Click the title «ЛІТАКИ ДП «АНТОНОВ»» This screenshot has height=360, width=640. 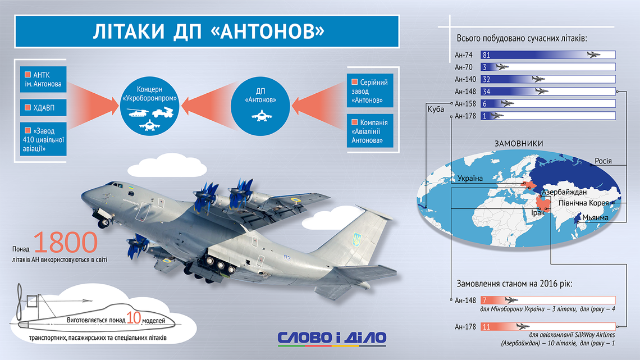209,31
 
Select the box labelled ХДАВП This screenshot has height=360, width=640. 43,107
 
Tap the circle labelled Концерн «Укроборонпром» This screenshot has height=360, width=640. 150,106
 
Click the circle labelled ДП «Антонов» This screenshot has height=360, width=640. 260,106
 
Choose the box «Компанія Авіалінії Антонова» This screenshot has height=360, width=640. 370,131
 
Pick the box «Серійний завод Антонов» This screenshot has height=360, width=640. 370,90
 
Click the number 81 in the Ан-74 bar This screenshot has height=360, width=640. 486,55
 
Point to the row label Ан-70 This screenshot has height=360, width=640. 464,67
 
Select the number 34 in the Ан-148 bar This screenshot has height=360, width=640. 486,92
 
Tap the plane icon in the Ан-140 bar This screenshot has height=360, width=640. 539,79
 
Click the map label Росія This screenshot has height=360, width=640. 603,161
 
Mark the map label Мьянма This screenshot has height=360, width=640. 595,217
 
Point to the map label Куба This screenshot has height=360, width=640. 436,110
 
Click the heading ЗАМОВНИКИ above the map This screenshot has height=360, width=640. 519,144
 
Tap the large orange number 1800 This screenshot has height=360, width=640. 65,242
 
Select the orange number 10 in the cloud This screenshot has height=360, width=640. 134,317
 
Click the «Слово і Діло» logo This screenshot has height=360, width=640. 332,338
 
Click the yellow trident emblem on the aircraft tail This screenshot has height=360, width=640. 356,240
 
